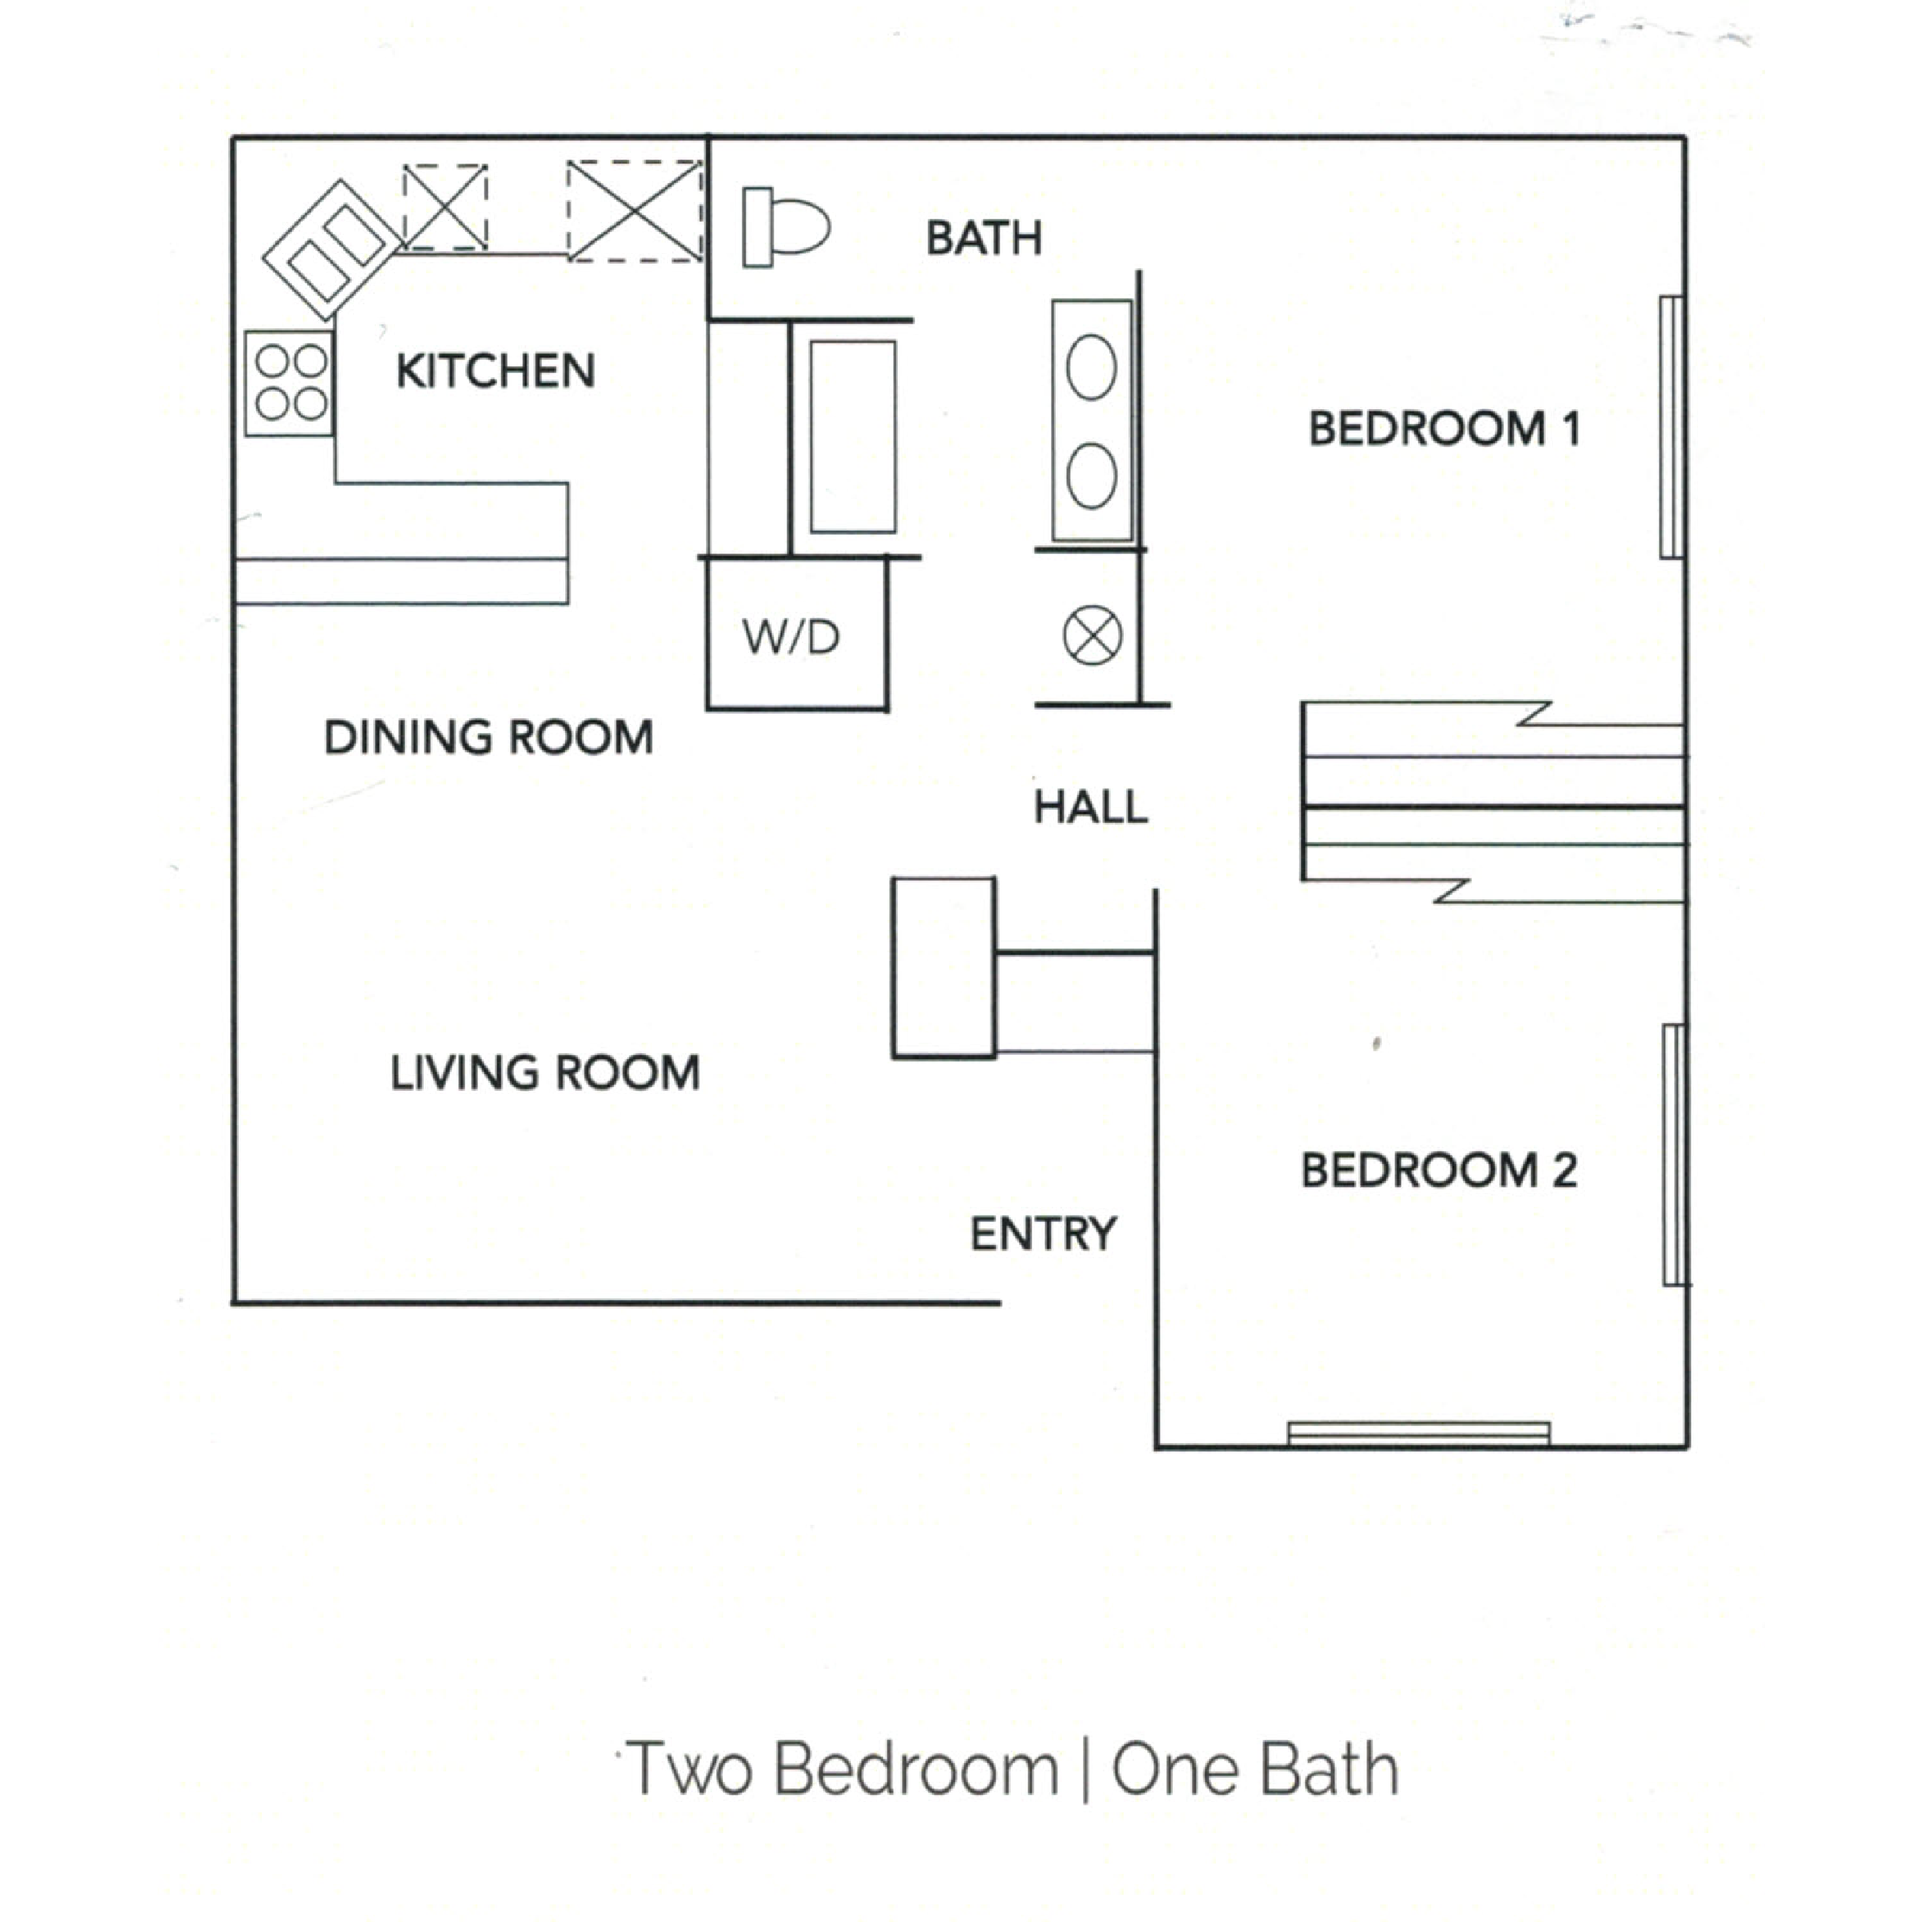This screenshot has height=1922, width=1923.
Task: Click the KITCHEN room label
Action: pos(495,372)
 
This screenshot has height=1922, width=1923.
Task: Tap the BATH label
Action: pos(984,239)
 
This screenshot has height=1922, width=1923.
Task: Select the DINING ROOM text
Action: pos(488,738)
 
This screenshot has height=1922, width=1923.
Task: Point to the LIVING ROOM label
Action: pos(545,1073)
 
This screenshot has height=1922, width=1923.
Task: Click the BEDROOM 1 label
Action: pos(1443,429)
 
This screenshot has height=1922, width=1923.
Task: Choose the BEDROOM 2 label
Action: pos(1438,1171)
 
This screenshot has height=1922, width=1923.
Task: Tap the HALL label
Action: pos(1091,807)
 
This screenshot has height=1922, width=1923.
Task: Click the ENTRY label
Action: pos(1043,1234)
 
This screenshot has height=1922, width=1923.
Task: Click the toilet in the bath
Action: pos(786,227)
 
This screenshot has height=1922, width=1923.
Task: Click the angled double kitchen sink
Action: pos(332,249)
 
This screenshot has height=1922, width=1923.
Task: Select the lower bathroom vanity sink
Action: pos(1091,476)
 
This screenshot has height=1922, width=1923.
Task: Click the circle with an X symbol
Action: pos(1092,635)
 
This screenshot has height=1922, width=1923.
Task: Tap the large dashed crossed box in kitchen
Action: pos(635,211)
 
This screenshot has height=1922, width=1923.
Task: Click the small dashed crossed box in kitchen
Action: pos(445,207)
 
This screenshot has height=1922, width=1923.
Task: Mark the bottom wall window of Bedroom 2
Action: pos(1418,1433)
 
